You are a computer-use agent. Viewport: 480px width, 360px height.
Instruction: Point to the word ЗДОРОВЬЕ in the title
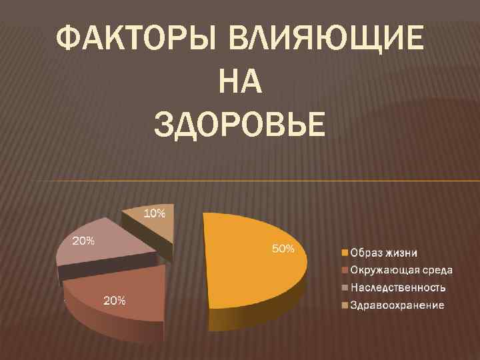[239, 125]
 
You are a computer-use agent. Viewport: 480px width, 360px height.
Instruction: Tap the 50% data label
[283, 249]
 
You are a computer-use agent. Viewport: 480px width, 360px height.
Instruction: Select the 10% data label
[155, 213]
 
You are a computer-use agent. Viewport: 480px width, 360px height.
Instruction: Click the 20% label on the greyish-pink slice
[83, 241]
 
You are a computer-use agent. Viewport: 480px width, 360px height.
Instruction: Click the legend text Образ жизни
[385, 253]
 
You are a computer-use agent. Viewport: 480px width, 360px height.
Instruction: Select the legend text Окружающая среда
[402, 270]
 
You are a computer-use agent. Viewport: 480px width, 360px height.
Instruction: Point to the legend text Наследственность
[399, 287]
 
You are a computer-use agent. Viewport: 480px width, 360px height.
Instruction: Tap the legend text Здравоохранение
[397, 305]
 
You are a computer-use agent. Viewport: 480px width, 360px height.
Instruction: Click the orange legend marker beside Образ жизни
[345, 253]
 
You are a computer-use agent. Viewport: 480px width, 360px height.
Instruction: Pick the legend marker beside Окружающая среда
[345, 271]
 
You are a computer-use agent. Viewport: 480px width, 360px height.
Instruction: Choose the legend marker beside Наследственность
[345, 288]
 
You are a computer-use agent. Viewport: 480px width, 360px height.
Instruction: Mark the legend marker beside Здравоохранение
[345, 305]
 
